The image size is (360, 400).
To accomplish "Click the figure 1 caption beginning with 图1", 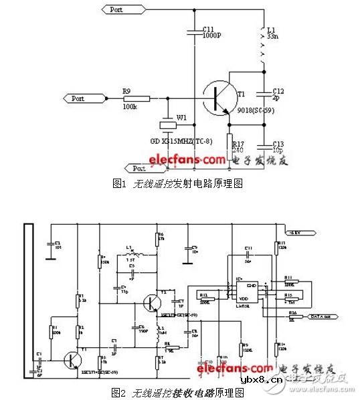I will [179, 183].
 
